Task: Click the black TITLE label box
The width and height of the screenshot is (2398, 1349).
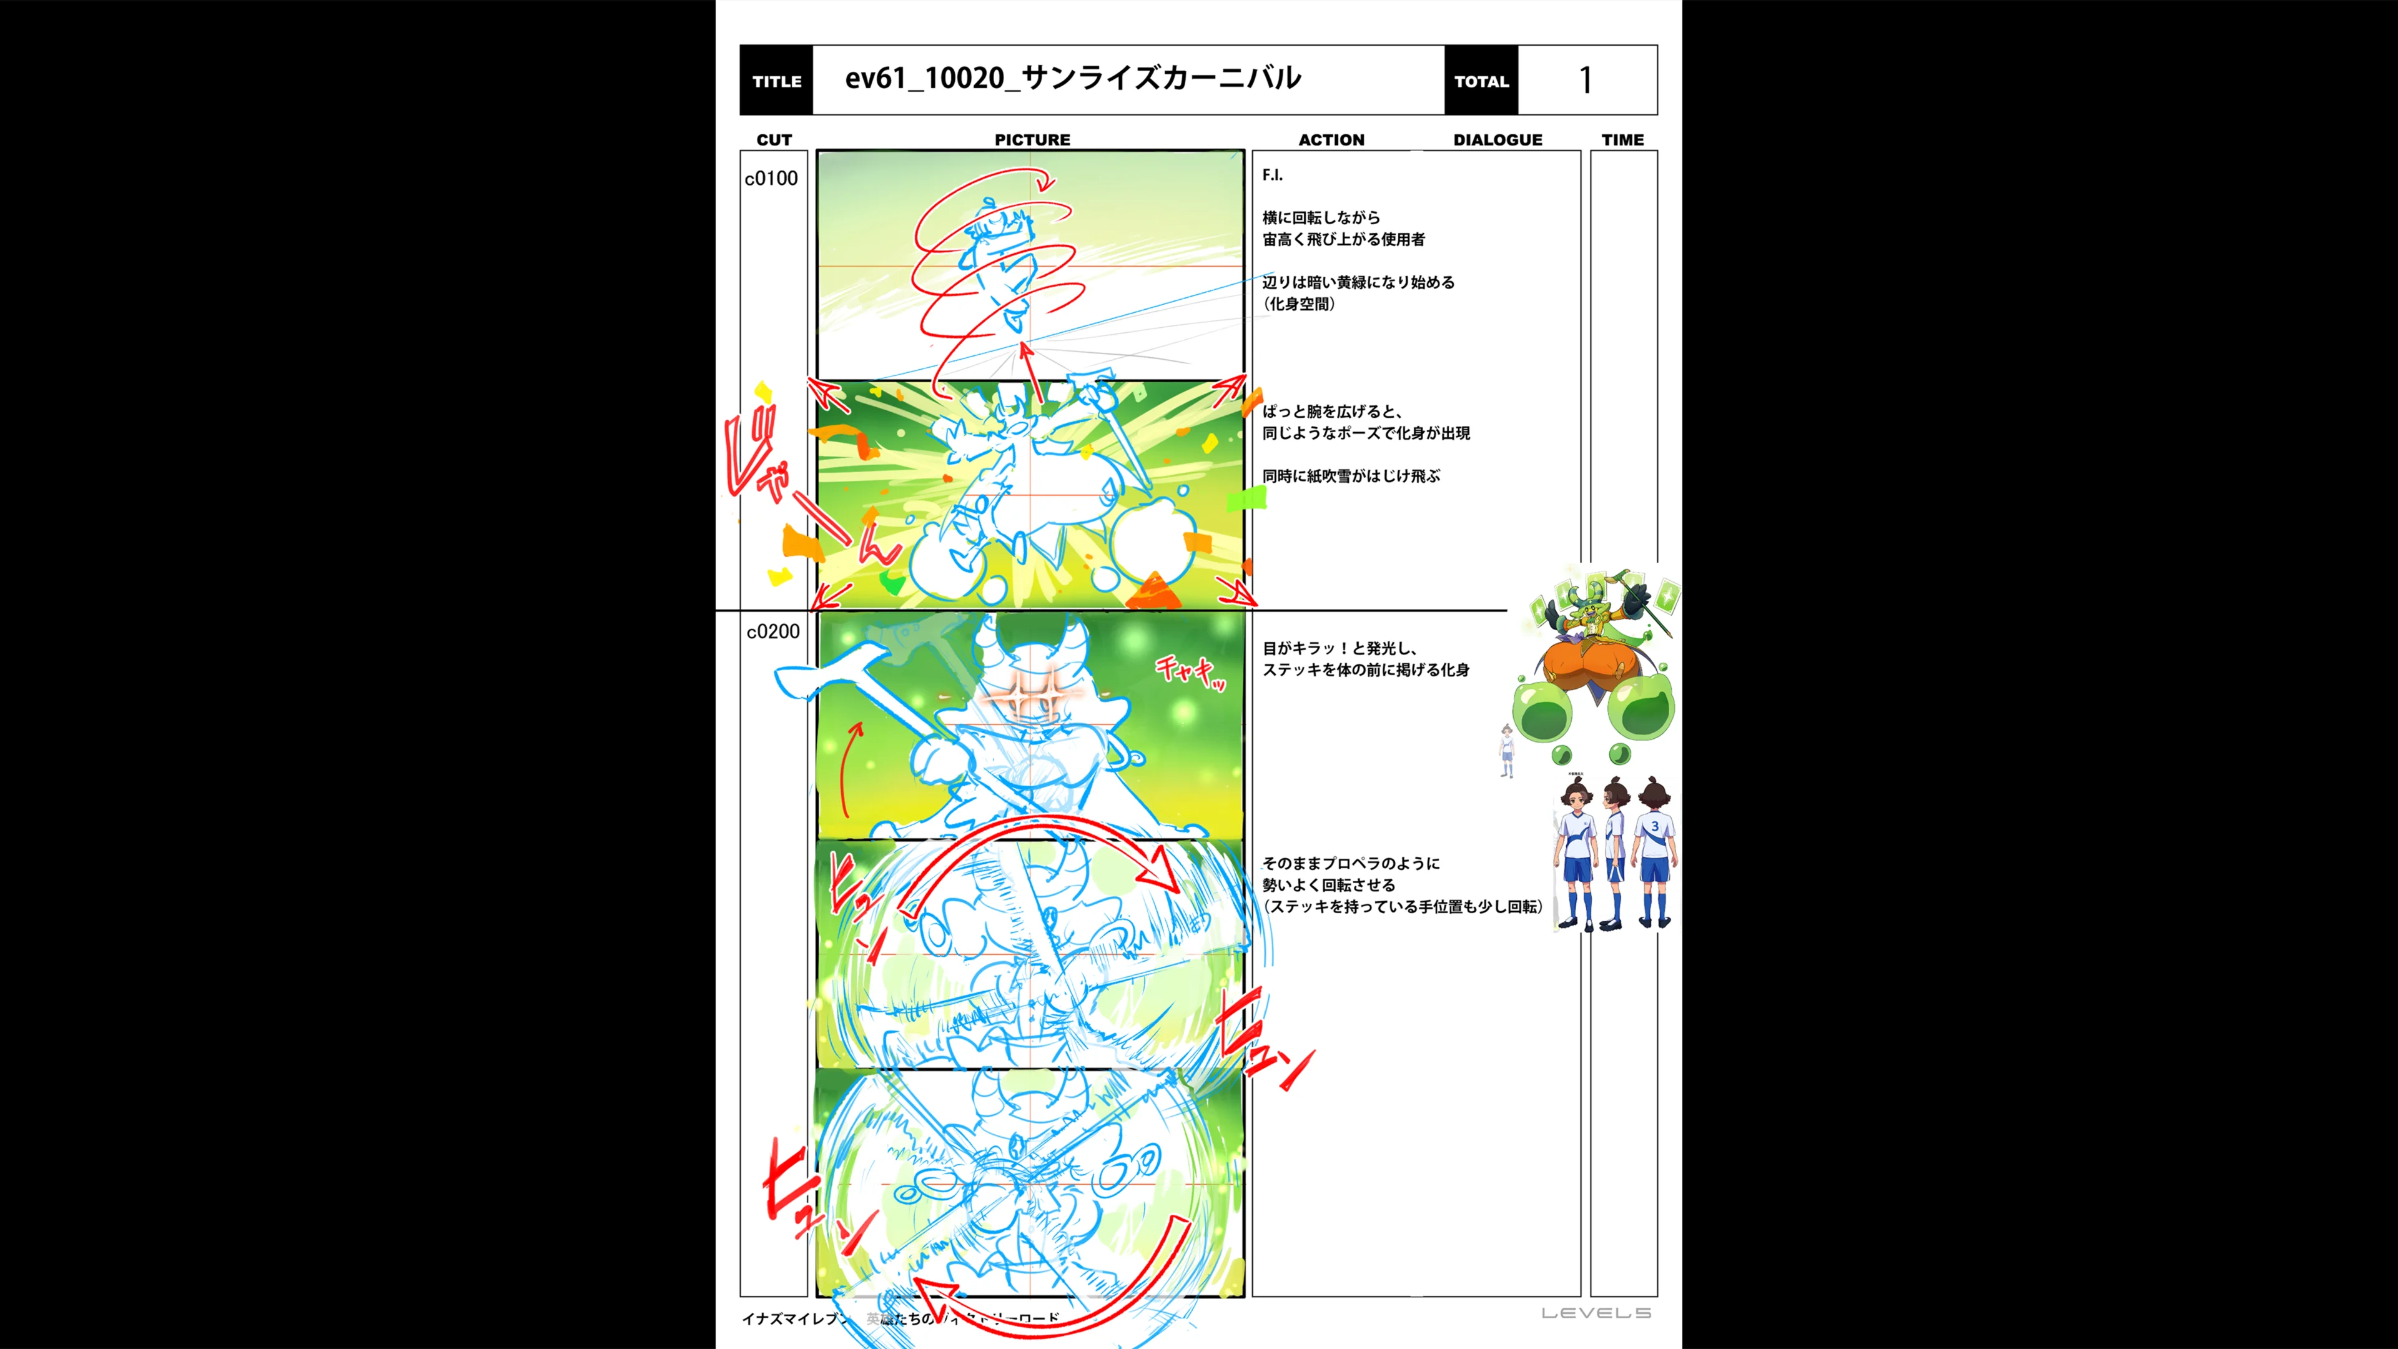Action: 776,81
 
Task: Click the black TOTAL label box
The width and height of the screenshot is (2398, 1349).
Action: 1481,81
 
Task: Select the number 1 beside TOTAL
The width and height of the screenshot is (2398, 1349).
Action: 1586,81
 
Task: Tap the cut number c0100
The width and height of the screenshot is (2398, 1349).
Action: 771,179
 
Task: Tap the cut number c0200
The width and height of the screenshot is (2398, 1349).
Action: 772,632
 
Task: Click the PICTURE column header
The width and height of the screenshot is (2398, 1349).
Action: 1032,140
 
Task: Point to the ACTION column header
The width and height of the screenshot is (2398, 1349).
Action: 1331,140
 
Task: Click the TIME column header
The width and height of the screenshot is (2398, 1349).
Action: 1622,140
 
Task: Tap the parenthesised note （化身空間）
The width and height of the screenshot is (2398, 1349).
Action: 1300,304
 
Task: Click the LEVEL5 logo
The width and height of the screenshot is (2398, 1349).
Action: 1596,1313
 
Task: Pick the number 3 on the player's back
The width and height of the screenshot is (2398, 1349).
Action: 1654,826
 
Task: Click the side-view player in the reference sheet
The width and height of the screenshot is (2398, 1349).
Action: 1615,852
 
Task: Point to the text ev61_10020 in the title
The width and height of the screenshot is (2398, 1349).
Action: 924,78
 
